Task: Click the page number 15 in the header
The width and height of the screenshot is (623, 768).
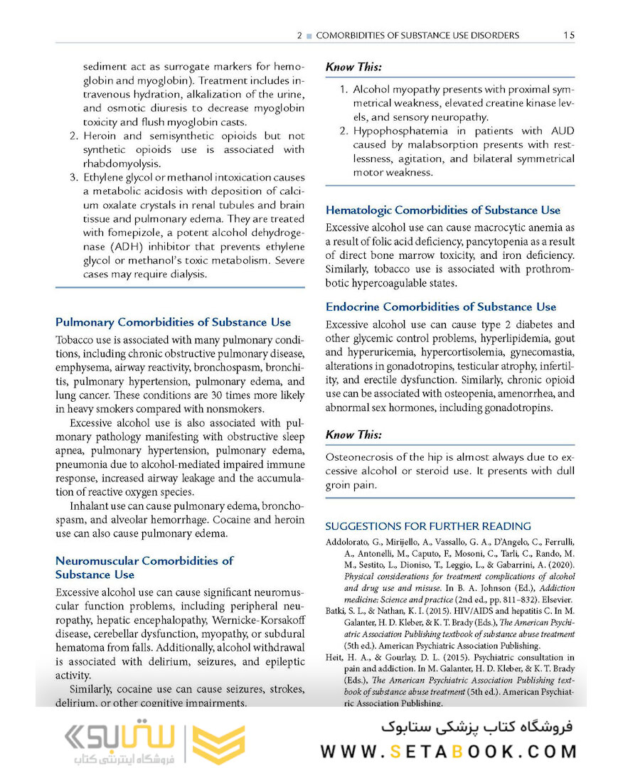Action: (x=568, y=35)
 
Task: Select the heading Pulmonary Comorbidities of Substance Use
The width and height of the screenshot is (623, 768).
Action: (x=173, y=322)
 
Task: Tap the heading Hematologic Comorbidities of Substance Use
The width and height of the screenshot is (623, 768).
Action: (x=442, y=210)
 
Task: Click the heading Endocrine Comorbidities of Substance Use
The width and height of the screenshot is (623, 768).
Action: (x=441, y=306)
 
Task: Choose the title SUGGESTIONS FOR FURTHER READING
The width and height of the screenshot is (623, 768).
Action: (x=428, y=526)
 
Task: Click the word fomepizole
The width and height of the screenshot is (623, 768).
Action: (x=134, y=233)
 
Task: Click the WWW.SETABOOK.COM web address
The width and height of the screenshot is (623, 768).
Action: (x=449, y=752)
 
